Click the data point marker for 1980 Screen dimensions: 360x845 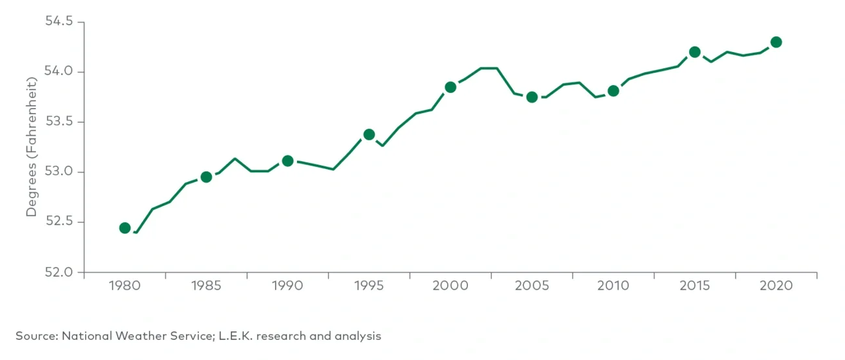pyautogui.click(x=125, y=228)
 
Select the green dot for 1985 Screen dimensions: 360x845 pyautogui.click(x=206, y=177)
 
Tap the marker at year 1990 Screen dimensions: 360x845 pyautogui.click(x=287, y=161)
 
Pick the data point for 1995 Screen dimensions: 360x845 pyautogui.click(x=369, y=135)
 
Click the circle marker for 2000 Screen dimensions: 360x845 pyautogui.click(x=450, y=87)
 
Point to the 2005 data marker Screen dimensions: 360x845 pyautogui.click(x=532, y=97)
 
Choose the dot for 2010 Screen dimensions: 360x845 pyautogui.click(x=613, y=91)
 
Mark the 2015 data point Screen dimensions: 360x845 pyautogui.click(x=694, y=52)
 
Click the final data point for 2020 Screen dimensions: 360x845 pyautogui.click(x=775, y=42)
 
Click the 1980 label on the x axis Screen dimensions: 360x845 pyautogui.click(x=125, y=287)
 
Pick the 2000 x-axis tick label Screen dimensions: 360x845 pyautogui.click(x=450, y=287)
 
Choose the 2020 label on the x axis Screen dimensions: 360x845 pyautogui.click(x=775, y=287)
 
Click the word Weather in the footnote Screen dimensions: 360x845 pyautogui.click(x=138, y=336)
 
